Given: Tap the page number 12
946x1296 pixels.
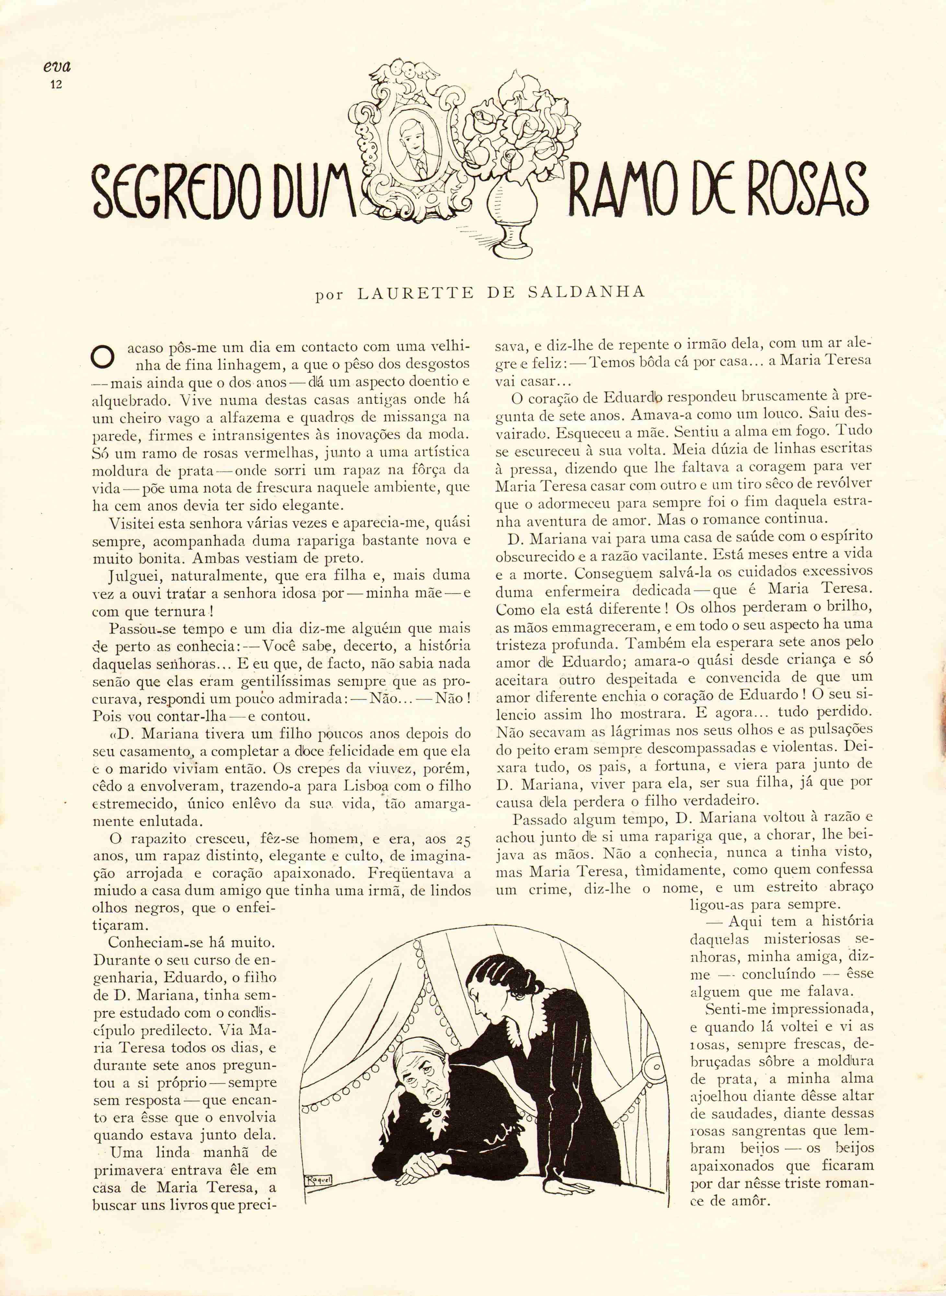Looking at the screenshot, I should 56,85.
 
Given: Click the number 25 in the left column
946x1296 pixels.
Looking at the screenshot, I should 463,840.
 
